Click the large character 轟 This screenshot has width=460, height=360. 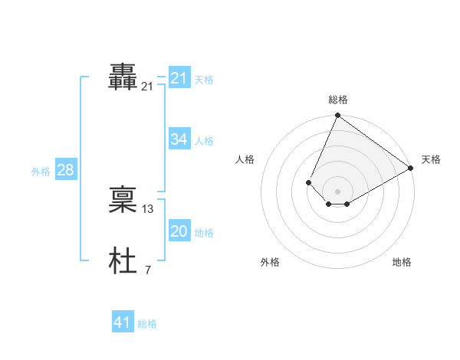pos(123,78)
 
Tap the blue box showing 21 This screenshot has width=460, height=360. pos(179,78)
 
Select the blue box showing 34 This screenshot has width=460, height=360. pos(179,139)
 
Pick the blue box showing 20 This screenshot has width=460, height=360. pos(179,231)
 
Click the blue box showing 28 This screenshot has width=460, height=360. pos(65,170)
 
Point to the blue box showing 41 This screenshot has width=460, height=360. pos(123,323)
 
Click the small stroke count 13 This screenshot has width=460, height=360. pos(148,209)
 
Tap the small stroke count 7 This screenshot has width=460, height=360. pos(147,270)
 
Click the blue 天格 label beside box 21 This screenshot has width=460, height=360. pos(204,80)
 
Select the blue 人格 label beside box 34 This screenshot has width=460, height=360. pos(204,141)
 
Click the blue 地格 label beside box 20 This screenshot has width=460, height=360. pos(204,233)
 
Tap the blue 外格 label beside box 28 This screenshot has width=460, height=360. pos(41,172)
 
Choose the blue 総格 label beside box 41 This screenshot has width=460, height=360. pos(147,325)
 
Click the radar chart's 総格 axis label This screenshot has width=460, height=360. pos(337,100)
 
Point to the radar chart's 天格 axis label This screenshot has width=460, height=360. pos(431,159)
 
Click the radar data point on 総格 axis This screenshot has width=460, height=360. pos(337,116)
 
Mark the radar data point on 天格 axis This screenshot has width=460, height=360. pos(411,168)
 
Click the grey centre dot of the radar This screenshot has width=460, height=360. pos(337,191)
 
